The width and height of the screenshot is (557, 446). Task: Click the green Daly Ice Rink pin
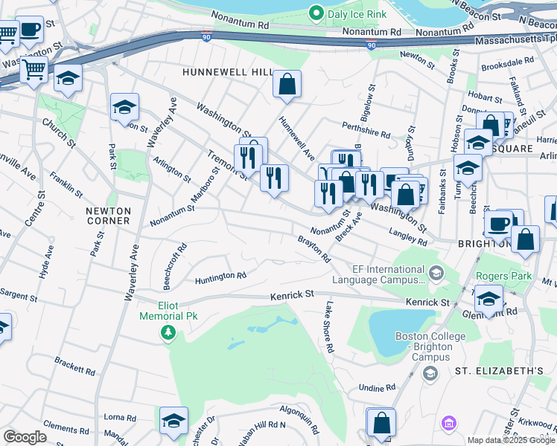click(x=316, y=13)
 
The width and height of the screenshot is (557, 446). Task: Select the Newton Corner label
click(x=108, y=216)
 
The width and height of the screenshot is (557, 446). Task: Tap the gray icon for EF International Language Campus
click(x=435, y=274)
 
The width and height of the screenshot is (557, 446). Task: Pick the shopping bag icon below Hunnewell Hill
click(x=287, y=85)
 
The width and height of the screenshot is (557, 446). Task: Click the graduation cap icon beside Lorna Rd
click(x=174, y=420)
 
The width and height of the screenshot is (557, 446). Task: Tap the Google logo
click(x=25, y=437)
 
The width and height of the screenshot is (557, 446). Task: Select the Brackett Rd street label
click(x=74, y=366)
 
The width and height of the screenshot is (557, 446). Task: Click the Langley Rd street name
click(x=408, y=236)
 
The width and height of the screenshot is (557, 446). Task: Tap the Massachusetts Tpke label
click(x=515, y=39)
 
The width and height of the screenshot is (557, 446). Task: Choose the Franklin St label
click(x=66, y=185)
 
